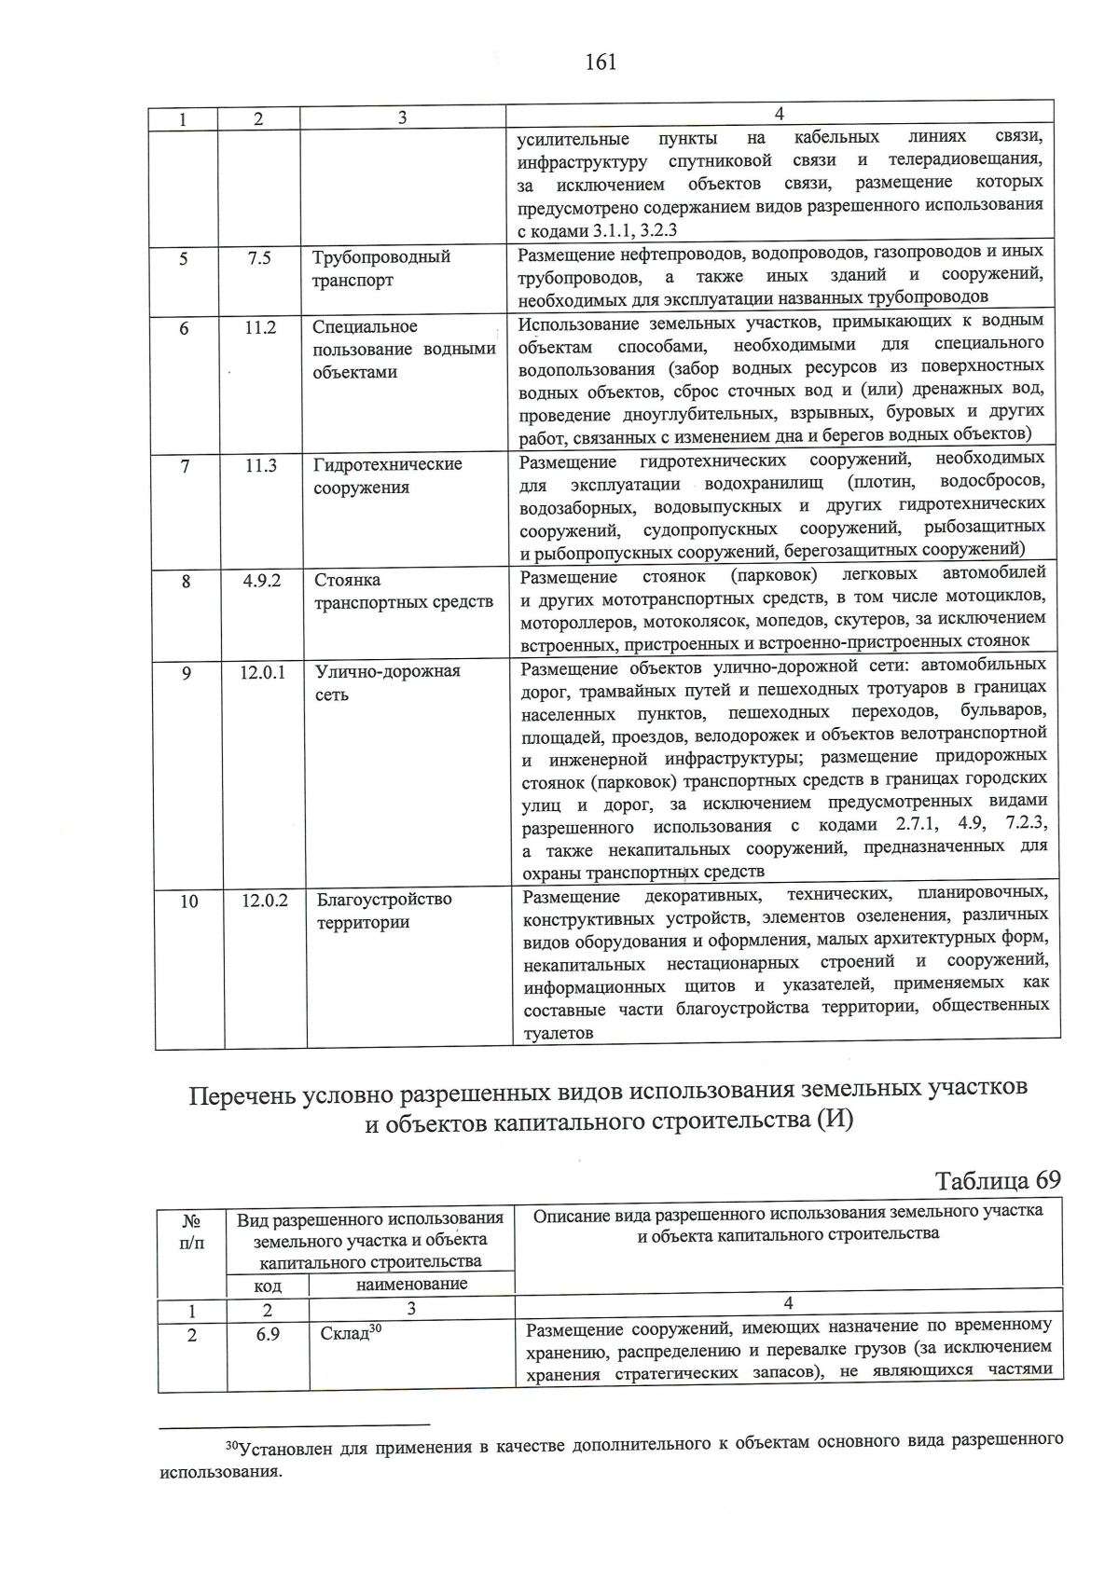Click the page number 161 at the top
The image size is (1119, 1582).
click(x=601, y=62)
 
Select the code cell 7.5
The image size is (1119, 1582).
click(x=260, y=257)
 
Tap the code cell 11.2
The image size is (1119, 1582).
click(x=261, y=327)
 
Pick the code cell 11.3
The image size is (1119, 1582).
click(x=261, y=465)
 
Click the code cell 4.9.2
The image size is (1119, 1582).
click(x=262, y=580)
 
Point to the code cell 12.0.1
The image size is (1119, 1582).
click(x=263, y=671)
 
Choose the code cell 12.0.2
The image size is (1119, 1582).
click(x=265, y=901)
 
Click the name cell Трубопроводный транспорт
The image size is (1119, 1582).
click(x=380, y=268)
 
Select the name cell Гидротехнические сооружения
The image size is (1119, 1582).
click(x=387, y=475)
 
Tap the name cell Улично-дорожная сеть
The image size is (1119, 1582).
click(x=387, y=682)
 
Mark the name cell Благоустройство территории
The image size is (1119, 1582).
click(x=383, y=911)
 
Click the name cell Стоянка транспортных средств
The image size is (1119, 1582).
click(x=403, y=591)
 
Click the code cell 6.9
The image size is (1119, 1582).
click(x=268, y=1334)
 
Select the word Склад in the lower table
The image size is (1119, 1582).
click(x=345, y=1334)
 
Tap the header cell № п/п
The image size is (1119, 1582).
click(x=191, y=1231)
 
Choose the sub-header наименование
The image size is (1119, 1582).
click(x=411, y=1284)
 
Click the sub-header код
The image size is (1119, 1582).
click(x=268, y=1286)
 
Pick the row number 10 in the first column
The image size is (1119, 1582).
click(x=188, y=901)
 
